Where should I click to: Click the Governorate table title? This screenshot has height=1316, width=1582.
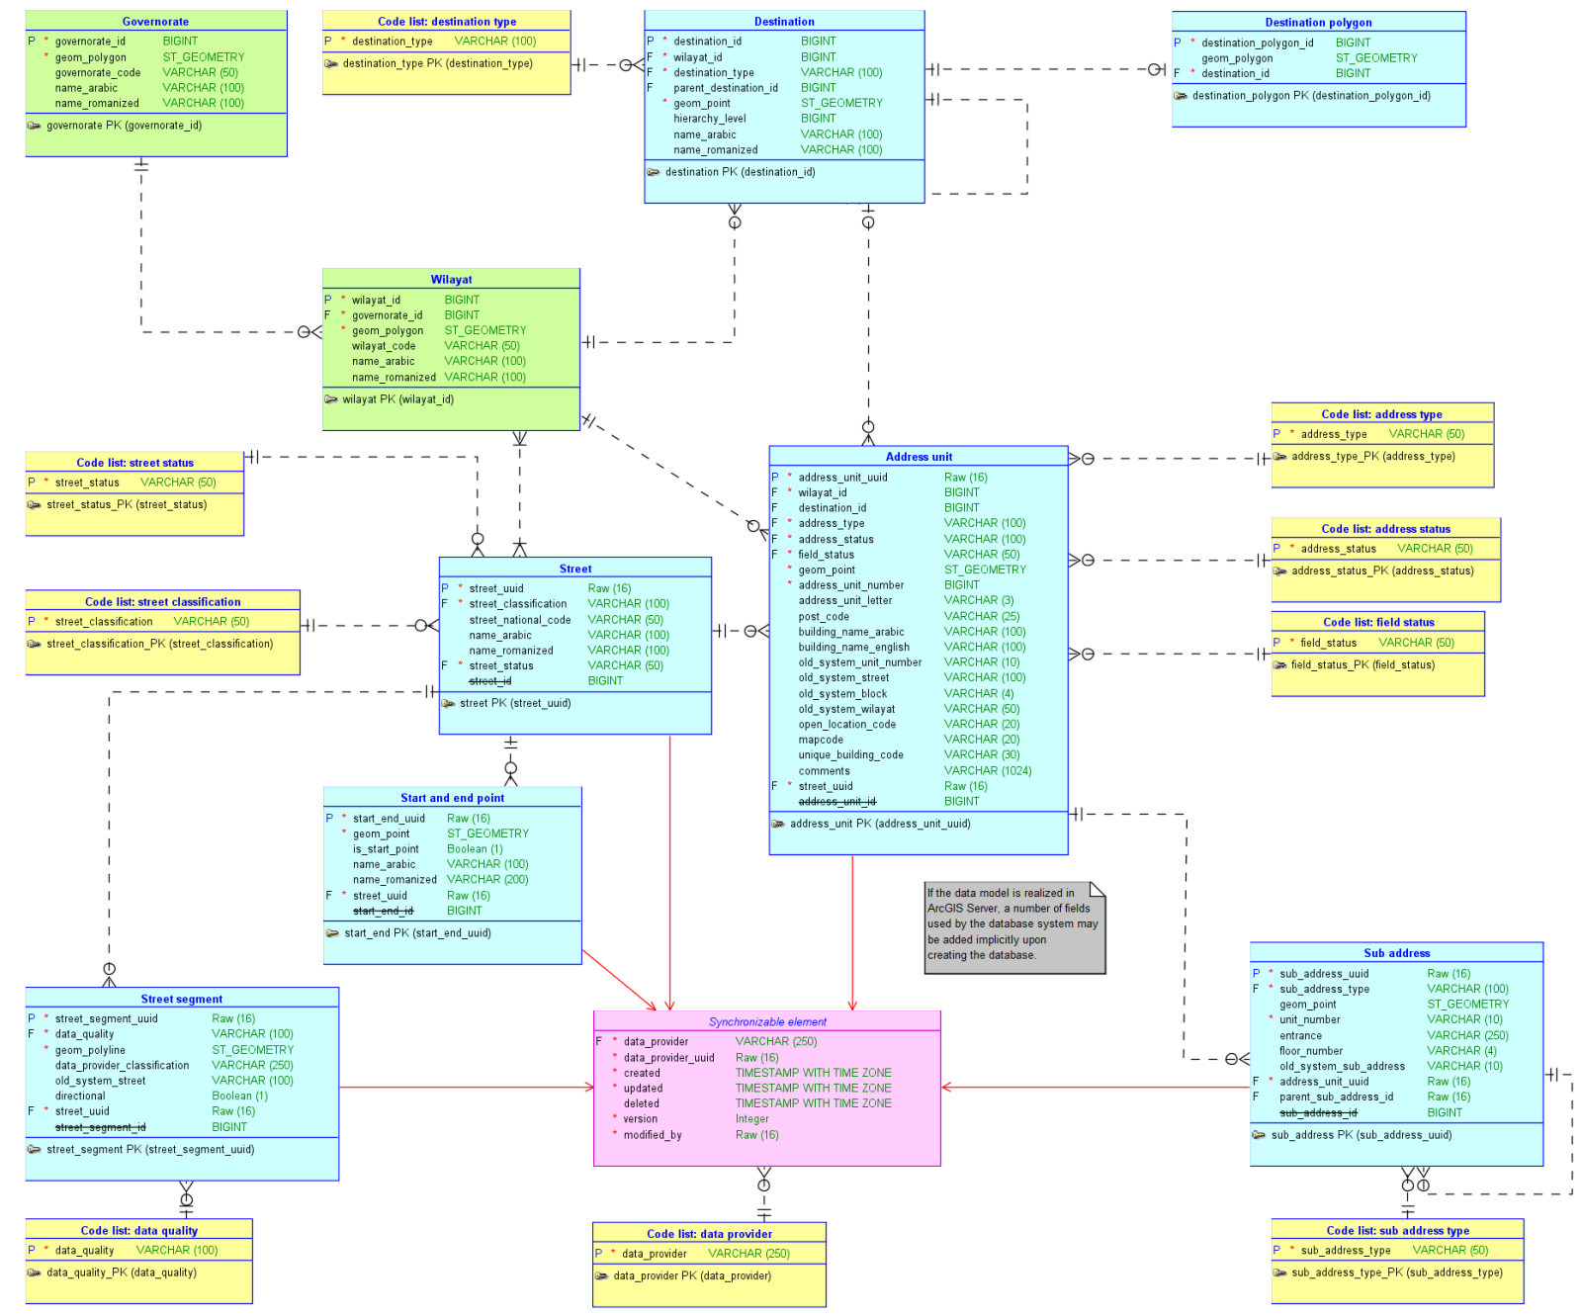click(155, 21)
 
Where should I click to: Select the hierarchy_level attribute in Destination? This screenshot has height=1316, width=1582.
click(709, 119)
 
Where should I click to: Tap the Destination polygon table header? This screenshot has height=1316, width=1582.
click(1318, 22)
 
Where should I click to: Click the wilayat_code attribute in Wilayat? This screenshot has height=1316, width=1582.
click(384, 346)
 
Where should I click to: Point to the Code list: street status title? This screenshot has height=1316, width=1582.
click(134, 463)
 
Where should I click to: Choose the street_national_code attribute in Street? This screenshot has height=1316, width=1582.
click(519, 620)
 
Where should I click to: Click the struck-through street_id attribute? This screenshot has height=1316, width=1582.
click(490, 681)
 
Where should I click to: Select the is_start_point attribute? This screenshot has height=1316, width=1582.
click(386, 849)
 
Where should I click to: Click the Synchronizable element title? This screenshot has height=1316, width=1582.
click(767, 1021)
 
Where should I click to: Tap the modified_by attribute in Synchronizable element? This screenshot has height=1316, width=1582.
click(652, 1135)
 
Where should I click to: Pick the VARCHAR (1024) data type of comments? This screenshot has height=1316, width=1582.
click(987, 771)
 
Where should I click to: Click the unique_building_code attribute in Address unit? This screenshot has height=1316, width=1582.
click(850, 755)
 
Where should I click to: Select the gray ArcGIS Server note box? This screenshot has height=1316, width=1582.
click(1012, 926)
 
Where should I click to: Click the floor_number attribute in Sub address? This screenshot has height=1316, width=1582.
click(1310, 1051)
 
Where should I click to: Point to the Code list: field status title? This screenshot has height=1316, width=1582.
click(1378, 622)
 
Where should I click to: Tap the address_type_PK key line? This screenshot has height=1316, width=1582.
click(1372, 457)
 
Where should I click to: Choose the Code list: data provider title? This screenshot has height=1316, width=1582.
click(709, 1234)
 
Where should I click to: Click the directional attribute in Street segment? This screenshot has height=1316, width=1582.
click(80, 1096)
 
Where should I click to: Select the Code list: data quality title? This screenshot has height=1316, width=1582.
click(138, 1231)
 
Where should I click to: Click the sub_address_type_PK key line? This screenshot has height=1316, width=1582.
click(1396, 1272)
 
